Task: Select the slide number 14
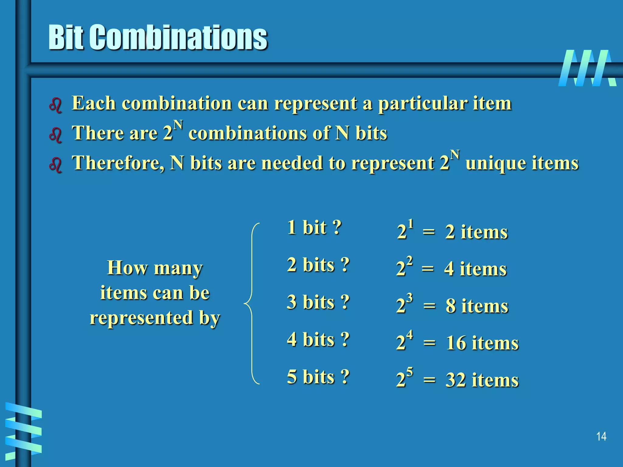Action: click(x=601, y=437)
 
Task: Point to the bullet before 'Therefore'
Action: click(x=55, y=165)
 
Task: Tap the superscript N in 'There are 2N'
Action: click(x=178, y=125)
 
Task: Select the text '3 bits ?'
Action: click(x=318, y=302)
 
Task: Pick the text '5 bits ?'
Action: click(x=318, y=377)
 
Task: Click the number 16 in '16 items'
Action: click(x=456, y=343)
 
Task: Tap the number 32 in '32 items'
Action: click(x=456, y=380)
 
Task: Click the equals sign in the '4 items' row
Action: click(x=428, y=269)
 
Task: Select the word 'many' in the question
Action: click(x=178, y=268)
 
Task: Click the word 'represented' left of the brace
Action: click(x=142, y=318)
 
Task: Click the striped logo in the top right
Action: click(x=587, y=68)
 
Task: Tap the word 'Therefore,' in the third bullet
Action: click(x=118, y=163)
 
